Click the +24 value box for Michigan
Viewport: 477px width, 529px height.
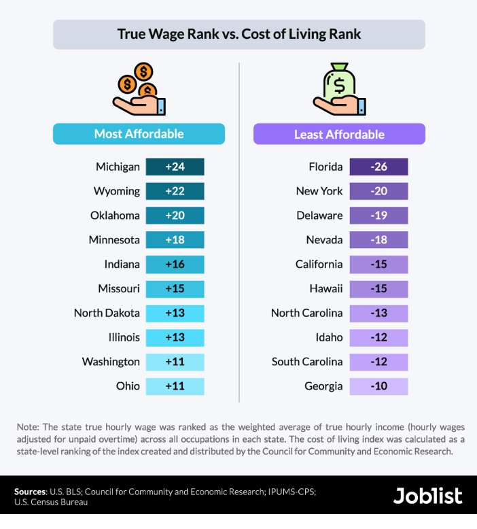tap(175, 167)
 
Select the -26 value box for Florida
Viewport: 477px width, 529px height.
tap(378, 167)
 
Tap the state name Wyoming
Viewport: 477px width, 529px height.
tap(117, 191)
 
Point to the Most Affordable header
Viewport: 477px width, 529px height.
tap(139, 134)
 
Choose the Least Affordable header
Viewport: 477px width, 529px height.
tap(339, 134)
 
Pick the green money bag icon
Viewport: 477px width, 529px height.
tap(339, 89)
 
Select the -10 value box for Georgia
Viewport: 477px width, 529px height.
tap(378, 386)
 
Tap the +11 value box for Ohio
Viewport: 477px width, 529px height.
tap(175, 386)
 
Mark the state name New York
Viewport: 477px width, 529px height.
tap(319, 191)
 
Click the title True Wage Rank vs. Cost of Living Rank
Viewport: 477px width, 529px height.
tap(238, 34)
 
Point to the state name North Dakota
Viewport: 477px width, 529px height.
tap(107, 313)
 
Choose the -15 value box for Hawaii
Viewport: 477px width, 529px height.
tap(378, 288)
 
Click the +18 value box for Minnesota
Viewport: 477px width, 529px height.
tap(175, 240)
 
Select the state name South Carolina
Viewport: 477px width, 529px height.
tap(307, 362)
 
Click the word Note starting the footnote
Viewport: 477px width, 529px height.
tap(28, 427)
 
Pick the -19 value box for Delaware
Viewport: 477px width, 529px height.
tap(378, 216)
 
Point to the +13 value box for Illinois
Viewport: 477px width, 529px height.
tap(175, 337)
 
